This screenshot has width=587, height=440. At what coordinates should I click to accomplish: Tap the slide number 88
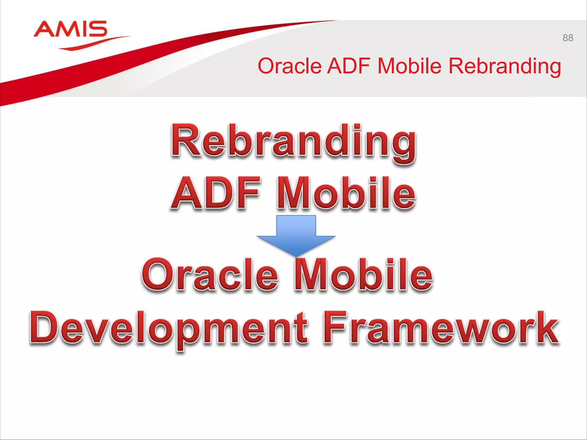tap(568, 38)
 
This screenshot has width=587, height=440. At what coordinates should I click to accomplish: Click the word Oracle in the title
tap(289, 66)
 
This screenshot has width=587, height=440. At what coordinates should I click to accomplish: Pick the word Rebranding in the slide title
tap(504, 66)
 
